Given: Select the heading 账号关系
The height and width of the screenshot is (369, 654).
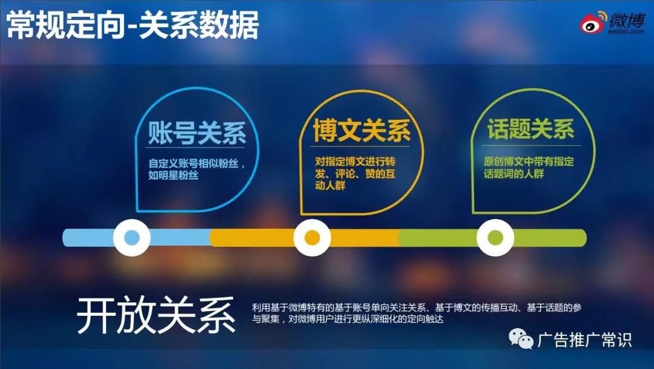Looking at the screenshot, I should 197,132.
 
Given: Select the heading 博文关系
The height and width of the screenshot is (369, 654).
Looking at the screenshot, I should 362,131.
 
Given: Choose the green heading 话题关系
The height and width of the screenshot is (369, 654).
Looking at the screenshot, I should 530,129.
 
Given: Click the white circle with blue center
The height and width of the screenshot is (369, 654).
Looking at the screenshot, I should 132,238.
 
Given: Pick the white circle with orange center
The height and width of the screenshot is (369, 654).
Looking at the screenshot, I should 312,238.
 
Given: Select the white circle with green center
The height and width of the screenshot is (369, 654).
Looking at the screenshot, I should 495,238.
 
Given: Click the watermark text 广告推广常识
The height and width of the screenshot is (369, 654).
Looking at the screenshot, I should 584,340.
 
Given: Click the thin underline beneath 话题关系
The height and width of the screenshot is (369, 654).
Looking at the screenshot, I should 530,145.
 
